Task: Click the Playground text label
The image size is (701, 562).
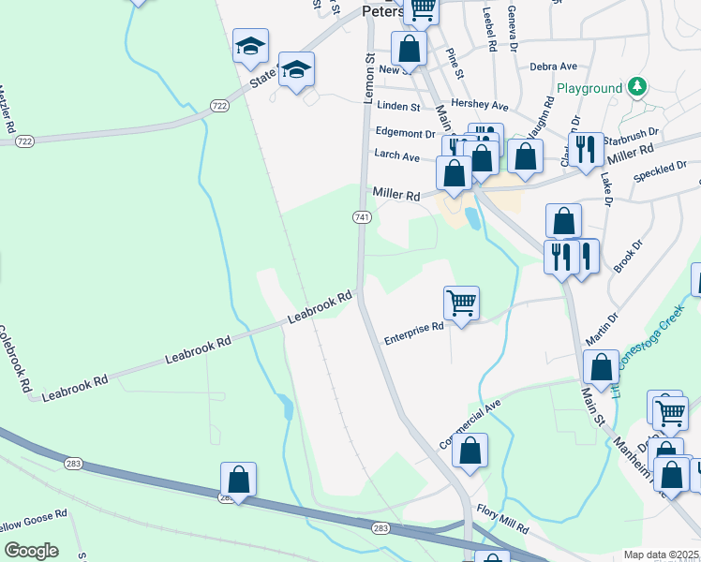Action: click(x=589, y=88)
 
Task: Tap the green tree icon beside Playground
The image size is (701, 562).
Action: click(x=637, y=87)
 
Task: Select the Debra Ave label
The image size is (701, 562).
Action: click(x=552, y=67)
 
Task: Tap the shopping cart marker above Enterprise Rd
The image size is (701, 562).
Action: click(x=461, y=303)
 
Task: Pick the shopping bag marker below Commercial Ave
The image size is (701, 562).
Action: click(x=470, y=451)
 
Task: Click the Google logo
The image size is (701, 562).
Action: click(x=31, y=550)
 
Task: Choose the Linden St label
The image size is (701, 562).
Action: click(x=399, y=108)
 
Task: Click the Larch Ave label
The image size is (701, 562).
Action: click(x=396, y=156)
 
